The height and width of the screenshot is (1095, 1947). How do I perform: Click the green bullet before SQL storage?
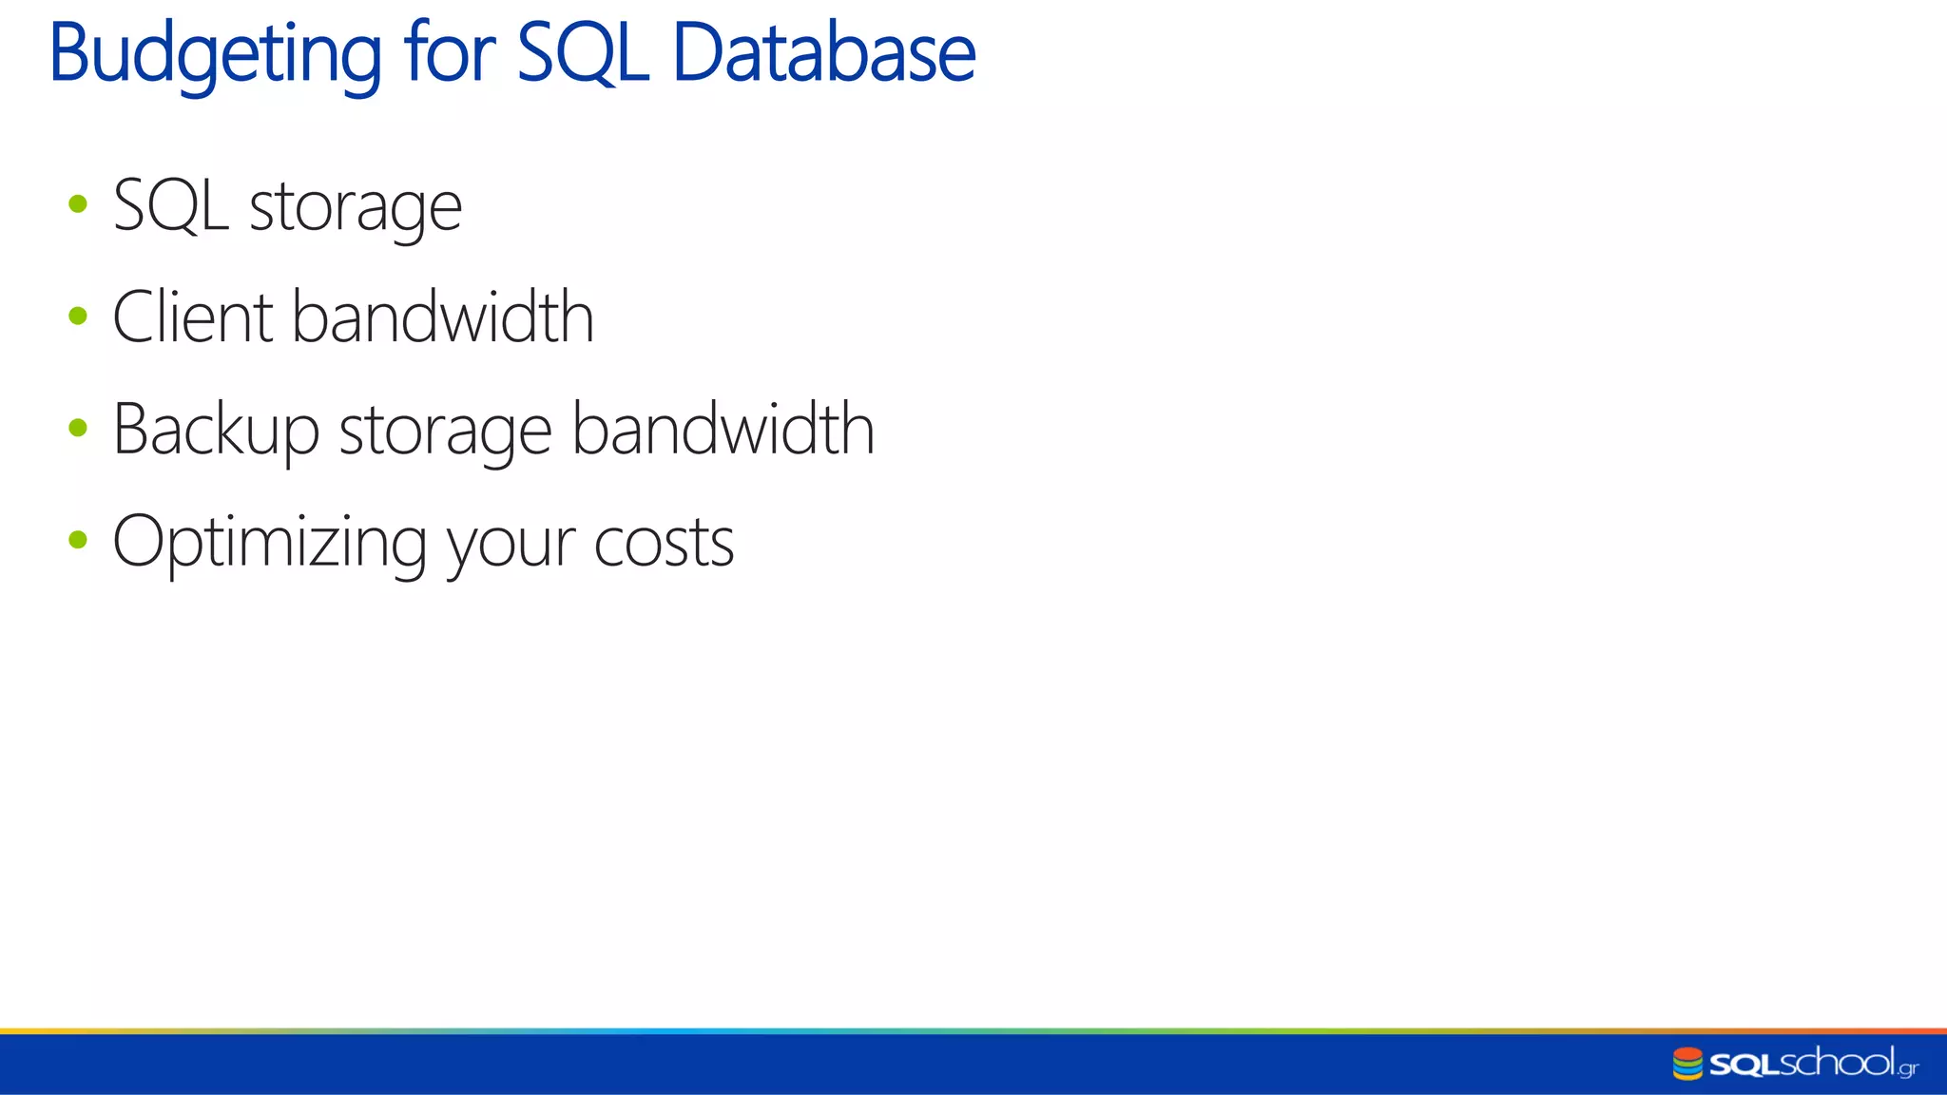coord(78,203)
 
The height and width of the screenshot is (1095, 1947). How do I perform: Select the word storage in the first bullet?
coord(356,209)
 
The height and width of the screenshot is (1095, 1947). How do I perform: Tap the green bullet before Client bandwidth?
coord(78,316)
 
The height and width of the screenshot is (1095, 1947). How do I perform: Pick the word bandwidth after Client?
coord(443,317)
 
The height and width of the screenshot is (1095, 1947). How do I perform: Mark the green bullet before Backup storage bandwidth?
coord(78,428)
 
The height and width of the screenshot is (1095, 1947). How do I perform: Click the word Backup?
coord(216,431)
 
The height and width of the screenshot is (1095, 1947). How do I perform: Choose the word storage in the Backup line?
coord(445,432)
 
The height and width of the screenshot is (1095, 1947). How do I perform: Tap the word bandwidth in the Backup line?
coord(723,429)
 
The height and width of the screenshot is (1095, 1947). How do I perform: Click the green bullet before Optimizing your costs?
coord(78,540)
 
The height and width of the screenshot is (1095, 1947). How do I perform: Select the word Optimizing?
coord(269,543)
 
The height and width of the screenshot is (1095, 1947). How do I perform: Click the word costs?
coord(664,544)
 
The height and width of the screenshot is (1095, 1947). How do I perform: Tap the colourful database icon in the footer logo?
coord(1687,1064)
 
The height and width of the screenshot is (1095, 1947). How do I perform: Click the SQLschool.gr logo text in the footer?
coord(1813,1064)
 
